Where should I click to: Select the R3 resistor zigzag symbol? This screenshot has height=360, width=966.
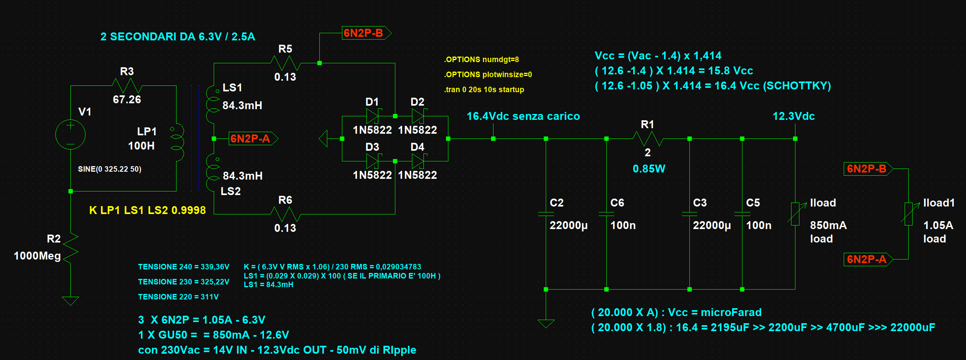tap(127, 85)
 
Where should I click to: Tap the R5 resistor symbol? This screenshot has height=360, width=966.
tap(286, 63)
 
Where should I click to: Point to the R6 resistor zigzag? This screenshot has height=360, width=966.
tap(286, 214)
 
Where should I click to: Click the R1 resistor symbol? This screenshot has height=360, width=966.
tap(648, 139)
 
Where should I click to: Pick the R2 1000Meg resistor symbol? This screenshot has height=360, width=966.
tap(70, 248)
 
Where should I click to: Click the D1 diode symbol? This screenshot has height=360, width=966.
tap(372, 116)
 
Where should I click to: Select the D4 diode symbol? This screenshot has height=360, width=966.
tap(418, 161)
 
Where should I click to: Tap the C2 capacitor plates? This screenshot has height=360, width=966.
tap(546, 214)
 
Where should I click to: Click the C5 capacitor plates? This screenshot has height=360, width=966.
tap(742, 214)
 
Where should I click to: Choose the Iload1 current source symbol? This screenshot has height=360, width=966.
tap(909, 214)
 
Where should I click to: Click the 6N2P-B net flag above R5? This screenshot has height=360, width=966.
tap(366, 33)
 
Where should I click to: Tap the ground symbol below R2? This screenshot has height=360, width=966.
tap(70, 301)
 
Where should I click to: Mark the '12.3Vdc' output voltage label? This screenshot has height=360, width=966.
tap(794, 116)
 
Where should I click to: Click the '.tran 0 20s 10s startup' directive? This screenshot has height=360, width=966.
tap(484, 89)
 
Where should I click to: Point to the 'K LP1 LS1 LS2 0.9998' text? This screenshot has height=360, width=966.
tap(148, 210)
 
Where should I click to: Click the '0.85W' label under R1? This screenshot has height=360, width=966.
tap(649, 169)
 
